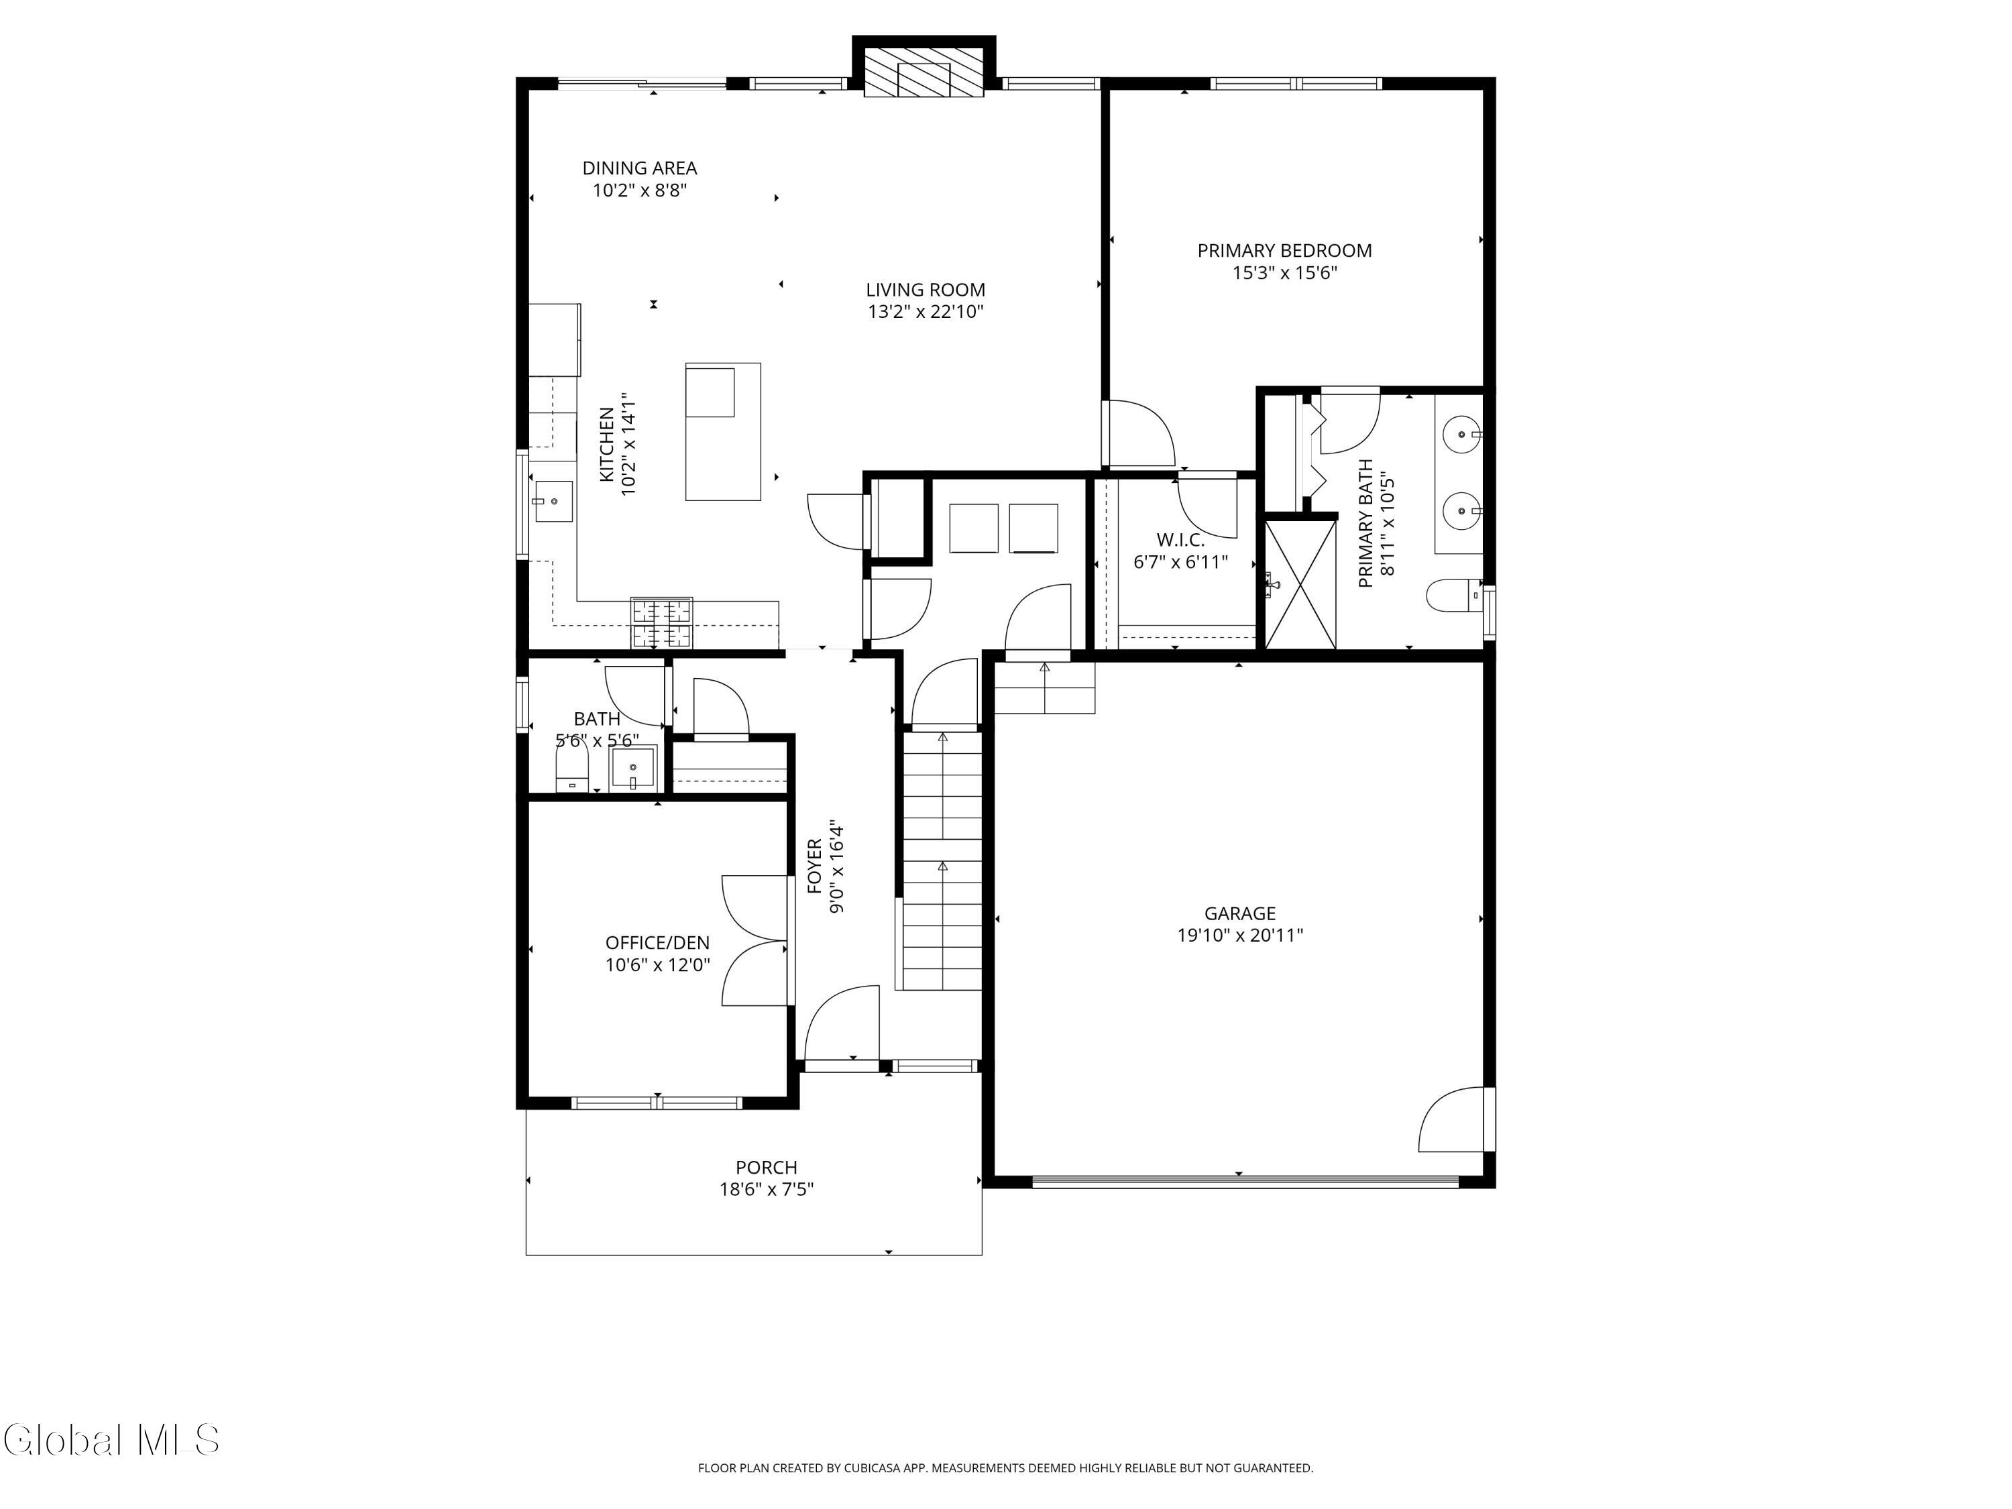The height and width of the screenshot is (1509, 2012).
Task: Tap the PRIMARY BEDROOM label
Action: [1284, 250]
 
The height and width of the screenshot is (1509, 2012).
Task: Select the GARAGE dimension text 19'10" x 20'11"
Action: [1240, 935]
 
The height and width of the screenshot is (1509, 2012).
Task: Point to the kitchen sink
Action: [553, 501]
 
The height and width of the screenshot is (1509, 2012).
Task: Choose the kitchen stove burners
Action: [662, 622]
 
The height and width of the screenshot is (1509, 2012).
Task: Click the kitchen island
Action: [723, 431]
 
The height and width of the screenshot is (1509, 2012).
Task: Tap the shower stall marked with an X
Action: [1300, 584]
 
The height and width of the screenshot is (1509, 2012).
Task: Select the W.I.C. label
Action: [1180, 539]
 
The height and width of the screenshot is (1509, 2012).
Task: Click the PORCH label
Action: [767, 1167]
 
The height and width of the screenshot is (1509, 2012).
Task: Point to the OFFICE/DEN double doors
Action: [756, 940]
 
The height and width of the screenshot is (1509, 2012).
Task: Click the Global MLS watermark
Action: [110, 1440]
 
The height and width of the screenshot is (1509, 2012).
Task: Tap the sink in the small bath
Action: [633, 769]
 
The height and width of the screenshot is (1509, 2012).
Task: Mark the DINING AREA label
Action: [639, 168]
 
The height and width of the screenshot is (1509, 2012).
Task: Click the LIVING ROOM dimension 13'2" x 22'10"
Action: [925, 312]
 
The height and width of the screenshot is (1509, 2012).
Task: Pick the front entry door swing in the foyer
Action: [842, 1024]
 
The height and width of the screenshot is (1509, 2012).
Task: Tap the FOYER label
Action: [814, 866]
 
